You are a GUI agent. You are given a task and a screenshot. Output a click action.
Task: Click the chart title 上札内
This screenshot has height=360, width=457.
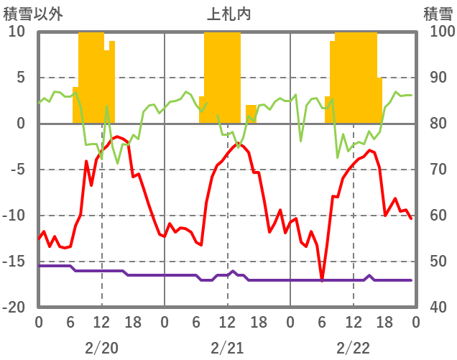(228, 13)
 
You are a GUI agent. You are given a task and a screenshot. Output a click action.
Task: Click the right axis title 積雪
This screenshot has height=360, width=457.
(437, 13)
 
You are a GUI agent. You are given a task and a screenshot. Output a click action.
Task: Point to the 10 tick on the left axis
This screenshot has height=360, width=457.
(17, 32)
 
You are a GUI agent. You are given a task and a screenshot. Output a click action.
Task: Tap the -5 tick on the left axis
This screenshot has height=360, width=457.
(17, 170)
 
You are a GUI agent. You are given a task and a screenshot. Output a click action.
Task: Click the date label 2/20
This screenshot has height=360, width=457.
(101, 347)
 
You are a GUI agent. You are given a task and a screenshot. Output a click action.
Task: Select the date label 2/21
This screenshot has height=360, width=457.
(227, 347)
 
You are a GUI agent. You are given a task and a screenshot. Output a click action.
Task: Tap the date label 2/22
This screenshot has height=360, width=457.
(353, 347)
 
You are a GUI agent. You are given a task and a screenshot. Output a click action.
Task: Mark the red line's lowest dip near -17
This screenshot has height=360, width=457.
(322, 280)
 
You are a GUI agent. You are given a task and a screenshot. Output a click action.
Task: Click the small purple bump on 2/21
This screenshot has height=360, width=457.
(233, 272)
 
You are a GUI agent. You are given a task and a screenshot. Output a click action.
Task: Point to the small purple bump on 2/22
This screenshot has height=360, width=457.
(369, 275)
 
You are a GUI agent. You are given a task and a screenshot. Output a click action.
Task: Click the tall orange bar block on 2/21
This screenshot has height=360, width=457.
(222, 72)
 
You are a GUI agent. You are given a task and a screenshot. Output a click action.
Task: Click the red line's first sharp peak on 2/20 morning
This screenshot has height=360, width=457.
(86, 162)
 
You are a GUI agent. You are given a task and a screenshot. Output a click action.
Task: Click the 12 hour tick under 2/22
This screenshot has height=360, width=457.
(353, 321)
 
